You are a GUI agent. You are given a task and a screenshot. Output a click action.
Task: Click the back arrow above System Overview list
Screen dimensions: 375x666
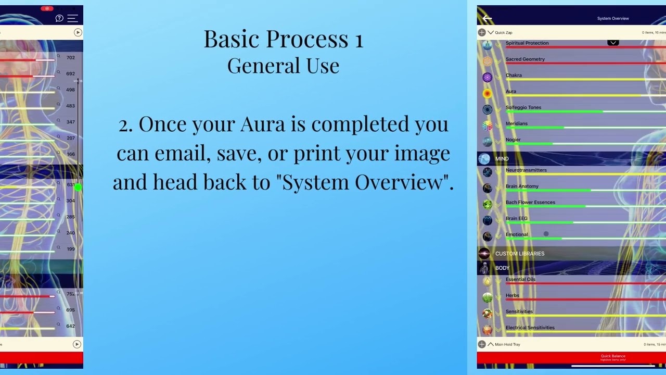point(487,19)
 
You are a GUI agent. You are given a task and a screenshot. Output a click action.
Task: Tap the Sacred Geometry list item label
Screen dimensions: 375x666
point(525,59)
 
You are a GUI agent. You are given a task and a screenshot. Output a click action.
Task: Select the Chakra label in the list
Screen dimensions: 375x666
point(514,76)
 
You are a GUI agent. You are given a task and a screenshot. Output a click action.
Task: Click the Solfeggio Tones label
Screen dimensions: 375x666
point(523,107)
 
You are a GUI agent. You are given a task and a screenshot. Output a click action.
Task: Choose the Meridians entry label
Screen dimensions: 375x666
point(517,123)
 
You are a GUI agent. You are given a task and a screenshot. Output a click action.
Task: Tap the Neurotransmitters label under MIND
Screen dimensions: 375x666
point(526,170)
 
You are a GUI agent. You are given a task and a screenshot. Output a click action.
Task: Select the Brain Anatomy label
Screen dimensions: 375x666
point(522,186)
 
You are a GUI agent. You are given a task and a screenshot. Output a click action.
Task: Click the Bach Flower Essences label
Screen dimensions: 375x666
point(530,203)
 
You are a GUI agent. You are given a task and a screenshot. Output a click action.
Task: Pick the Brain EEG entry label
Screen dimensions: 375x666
point(517,219)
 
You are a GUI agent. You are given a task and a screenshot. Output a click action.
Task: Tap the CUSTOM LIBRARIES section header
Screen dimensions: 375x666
point(520,254)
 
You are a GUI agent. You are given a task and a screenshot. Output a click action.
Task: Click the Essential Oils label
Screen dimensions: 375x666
point(520,280)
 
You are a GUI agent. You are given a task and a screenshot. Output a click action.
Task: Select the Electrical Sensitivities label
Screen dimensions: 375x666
point(530,328)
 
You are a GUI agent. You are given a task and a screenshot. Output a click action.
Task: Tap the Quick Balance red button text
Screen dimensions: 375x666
point(613,357)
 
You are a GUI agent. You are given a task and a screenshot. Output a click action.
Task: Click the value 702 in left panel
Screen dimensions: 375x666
point(71,58)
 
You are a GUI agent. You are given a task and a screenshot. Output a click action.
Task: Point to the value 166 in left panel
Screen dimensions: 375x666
point(71,154)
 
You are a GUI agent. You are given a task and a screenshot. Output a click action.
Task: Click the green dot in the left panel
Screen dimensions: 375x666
point(78,187)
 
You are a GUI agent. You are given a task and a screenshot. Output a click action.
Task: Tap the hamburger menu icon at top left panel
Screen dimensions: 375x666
point(72,18)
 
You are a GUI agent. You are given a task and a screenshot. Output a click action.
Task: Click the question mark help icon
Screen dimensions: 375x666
point(59,18)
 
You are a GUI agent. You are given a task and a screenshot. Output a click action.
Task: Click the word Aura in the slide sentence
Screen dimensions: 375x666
point(262,124)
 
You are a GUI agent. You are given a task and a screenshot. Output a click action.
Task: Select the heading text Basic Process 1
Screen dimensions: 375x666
point(283,39)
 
